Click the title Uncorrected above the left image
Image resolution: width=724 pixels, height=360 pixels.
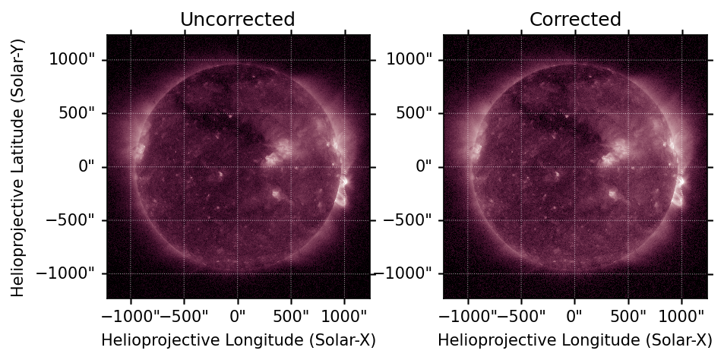[237, 20]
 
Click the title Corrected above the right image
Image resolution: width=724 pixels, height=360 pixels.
[575, 20]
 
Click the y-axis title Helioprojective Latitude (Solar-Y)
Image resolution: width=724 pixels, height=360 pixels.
[17, 168]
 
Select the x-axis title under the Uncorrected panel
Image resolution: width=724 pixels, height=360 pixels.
[239, 340]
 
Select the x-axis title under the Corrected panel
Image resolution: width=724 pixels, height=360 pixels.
[575, 340]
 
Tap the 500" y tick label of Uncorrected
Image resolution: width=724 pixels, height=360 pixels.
[77, 113]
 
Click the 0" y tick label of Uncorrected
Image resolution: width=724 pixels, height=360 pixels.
[87, 166]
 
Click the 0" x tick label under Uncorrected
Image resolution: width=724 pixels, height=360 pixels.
[238, 316]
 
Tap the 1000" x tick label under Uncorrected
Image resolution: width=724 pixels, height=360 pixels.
[345, 316]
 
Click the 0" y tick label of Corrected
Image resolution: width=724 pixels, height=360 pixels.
[423, 166]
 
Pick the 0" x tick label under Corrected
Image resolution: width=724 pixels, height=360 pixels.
[575, 316]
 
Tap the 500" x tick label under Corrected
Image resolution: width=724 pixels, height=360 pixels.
[628, 316]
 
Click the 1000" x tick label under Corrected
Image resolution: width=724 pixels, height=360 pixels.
[682, 316]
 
